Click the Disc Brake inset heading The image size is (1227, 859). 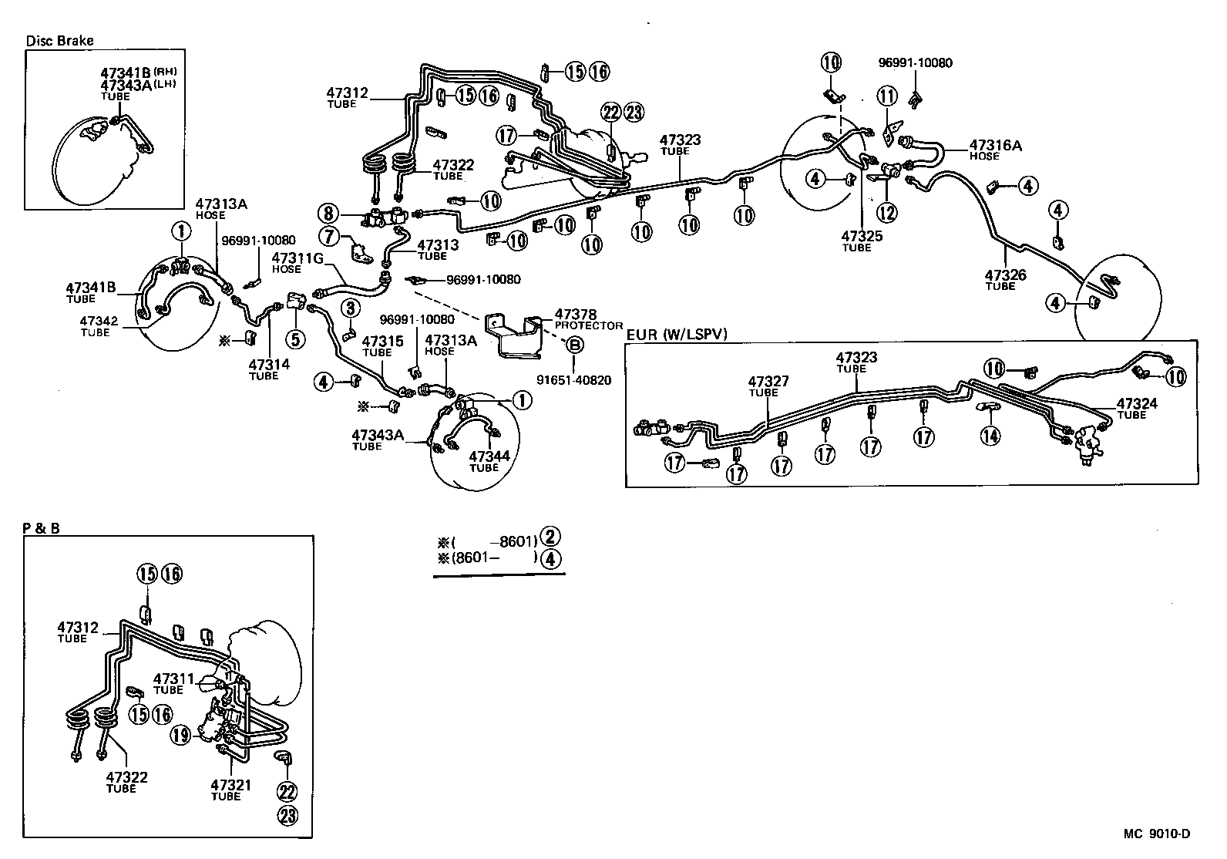click(x=59, y=41)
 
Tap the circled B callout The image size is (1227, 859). click(x=574, y=346)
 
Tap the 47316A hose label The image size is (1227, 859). click(x=995, y=145)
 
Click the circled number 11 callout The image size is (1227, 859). click(x=887, y=96)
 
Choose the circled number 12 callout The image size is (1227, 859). click(x=887, y=211)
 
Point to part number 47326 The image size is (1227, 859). click(x=1005, y=275)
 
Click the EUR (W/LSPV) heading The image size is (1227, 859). click(x=676, y=334)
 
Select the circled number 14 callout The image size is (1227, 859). click(x=990, y=436)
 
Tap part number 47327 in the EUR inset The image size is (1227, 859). click(x=768, y=382)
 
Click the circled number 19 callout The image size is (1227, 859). click(x=180, y=736)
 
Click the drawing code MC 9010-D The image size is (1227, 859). click(x=1156, y=834)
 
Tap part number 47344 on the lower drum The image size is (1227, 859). click(x=489, y=456)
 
